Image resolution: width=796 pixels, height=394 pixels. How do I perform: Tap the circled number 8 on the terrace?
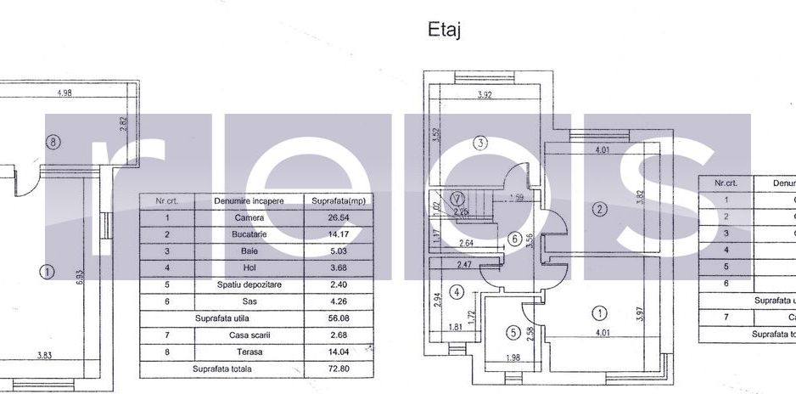tap(53, 143)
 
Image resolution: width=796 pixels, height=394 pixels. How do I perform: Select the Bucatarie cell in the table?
tap(249, 234)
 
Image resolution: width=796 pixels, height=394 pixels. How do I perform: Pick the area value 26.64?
tap(328, 217)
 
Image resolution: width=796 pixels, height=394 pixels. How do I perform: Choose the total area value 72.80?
tap(328, 369)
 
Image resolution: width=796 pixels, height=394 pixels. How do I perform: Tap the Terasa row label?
tap(249, 352)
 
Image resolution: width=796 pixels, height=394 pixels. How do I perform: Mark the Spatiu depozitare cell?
tap(249, 284)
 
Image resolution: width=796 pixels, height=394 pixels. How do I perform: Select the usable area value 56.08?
tap(328, 318)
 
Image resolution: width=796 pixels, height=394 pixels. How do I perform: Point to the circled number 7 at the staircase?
tap(458, 200)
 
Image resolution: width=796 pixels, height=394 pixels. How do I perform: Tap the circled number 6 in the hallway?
tap(515, 239)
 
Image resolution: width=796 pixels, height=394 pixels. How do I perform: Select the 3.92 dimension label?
tap(485, 95)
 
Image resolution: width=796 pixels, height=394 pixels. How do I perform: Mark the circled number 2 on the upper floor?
tap(599, 209)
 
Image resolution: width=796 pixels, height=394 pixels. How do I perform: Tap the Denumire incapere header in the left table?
tap(249, 200)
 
